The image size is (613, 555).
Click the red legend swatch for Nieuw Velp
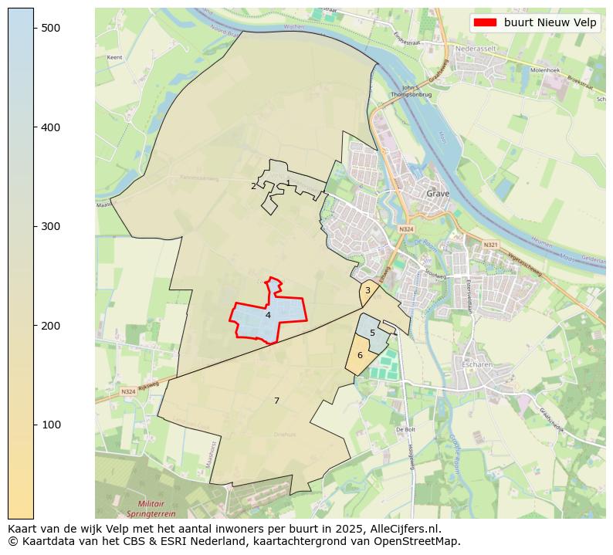(484, 23)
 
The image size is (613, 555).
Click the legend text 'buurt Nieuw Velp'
(550, 23)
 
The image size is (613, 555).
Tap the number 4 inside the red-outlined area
(268, 315)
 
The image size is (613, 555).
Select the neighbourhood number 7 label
(276, 401)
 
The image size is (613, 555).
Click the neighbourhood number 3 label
(367, 291)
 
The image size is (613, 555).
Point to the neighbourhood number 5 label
(372, 333)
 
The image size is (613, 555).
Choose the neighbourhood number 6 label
(360, 355)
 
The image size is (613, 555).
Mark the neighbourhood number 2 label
(253, 186)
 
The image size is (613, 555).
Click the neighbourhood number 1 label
(288, 184)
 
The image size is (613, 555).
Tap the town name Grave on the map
(438, 195)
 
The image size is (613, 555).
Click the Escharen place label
(476, 364)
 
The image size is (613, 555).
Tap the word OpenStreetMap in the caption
(422, 541)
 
